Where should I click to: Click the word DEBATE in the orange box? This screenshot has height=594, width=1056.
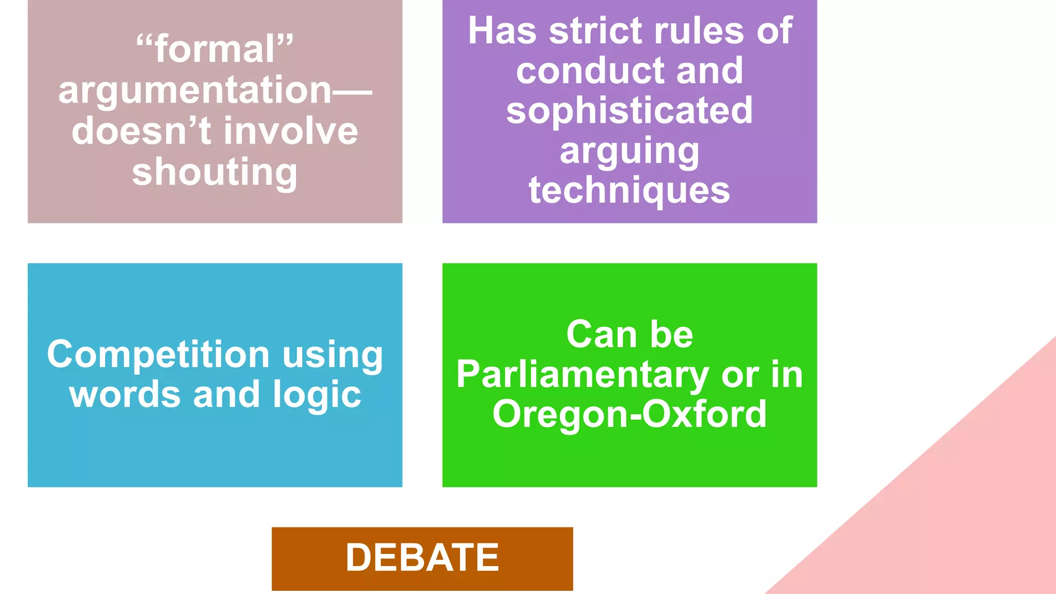(x=422, y=558)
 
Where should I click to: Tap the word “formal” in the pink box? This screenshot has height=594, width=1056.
(x=214, y=49)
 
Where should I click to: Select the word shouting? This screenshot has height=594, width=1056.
(x=214, y=173)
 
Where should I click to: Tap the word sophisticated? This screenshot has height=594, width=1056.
(x=629, y=110)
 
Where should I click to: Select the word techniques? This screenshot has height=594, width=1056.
(x=629, y=191)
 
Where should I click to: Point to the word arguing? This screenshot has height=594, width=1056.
(x=629, y=152)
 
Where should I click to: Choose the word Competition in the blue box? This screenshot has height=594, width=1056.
(x=158, y=355)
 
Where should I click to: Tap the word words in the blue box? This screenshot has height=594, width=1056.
(x=125, y=394)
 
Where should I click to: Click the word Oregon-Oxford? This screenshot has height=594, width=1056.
(x=629, y=414)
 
